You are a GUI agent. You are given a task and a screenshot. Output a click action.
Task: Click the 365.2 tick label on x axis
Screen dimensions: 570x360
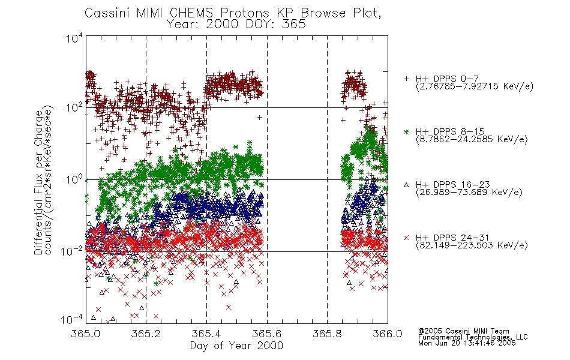tap(146, 334)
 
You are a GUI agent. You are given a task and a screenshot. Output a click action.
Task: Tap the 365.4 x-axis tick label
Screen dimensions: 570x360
tap(206, 334)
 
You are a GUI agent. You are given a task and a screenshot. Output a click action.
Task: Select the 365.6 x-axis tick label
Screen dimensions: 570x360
tap(267, 334)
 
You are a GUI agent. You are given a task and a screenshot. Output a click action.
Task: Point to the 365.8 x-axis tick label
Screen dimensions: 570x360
tap(327, 334)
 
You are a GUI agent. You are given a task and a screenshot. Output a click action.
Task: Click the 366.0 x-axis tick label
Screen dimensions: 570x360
tap(388, 334)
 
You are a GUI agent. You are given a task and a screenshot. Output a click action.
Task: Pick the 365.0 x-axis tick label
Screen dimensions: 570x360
tap(85, 334)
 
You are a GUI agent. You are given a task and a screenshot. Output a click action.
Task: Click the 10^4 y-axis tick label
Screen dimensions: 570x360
tap(74, 38)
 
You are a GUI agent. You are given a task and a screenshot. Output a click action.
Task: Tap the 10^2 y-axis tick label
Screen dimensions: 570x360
tap(74, 107)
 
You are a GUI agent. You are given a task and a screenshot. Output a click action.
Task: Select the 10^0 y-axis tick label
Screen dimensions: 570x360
tap(74, 179)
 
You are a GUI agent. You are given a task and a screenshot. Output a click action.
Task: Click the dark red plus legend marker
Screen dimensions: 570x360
tap(406, 79)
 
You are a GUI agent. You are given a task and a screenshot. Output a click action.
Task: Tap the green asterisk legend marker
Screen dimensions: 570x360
tap(406, 131)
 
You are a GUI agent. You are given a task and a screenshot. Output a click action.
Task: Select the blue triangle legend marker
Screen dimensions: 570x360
tap(406, 185)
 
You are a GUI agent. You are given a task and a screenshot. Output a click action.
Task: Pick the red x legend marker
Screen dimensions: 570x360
tap(406, 238)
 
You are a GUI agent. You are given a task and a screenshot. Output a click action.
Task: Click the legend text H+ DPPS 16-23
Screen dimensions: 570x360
tap(452, 185)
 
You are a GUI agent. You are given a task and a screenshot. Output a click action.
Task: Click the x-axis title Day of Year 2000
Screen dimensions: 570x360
tap(236, 346)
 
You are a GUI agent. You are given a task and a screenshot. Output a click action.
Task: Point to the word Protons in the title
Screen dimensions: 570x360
tap(245, 13)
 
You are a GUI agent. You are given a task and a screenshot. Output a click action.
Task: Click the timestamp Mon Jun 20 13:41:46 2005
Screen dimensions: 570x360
tap(467, 343)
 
